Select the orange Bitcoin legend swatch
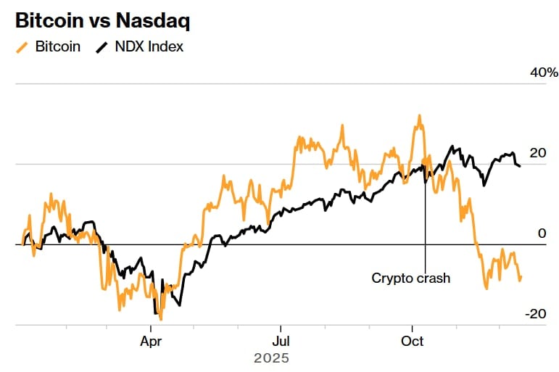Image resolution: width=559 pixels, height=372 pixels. (x=22, y=47)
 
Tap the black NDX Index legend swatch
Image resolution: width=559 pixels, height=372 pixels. (x=101, y=47)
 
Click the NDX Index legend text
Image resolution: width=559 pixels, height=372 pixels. (x=149, y=47)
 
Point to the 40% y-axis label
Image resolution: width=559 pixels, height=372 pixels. (x=544, y=73)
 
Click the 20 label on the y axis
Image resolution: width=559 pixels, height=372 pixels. (x=537, y=153)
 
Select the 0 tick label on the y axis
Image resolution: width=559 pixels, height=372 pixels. (x=541, y=233)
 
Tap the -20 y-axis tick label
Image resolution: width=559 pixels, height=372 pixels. (x=534, y=314)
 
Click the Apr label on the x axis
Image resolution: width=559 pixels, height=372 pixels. (x=152, y=340)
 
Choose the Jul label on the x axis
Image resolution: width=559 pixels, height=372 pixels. (x=281, y=340)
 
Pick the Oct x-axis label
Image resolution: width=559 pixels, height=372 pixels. (x=413, y=340)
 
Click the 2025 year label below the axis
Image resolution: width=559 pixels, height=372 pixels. (x=271, y=358)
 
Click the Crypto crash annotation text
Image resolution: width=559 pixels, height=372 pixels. (x=410, y=278)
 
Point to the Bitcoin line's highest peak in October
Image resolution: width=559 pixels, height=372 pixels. (x=419, y=115)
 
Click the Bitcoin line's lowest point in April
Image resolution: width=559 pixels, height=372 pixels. (x=161, y=319)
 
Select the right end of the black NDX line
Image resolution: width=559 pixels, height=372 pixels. (x=519, y=166)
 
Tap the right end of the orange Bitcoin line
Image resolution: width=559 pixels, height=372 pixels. (x=521, y=276)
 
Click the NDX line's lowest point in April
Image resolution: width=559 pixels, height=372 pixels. (x=155, y=313)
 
